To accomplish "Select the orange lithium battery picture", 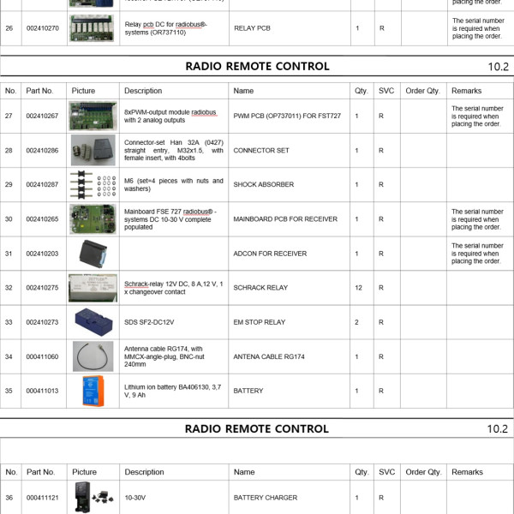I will click(93, 391).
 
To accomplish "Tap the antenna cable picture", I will click(93, 356).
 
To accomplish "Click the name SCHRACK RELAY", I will click(260, 288).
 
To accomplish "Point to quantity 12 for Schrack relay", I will click(357, 288).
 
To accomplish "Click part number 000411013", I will click(42, 391).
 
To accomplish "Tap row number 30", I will click(9, 219).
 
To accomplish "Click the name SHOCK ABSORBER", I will click(263, 184).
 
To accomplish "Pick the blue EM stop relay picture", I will click(93, 321).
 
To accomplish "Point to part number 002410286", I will click(42, 150).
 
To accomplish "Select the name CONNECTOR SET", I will click(261, 150).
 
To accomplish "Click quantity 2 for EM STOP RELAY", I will click(357, 322).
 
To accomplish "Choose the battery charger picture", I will click(93, 497).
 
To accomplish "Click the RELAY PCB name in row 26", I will click(252, 28).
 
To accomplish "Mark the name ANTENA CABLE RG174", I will click(270, 356).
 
